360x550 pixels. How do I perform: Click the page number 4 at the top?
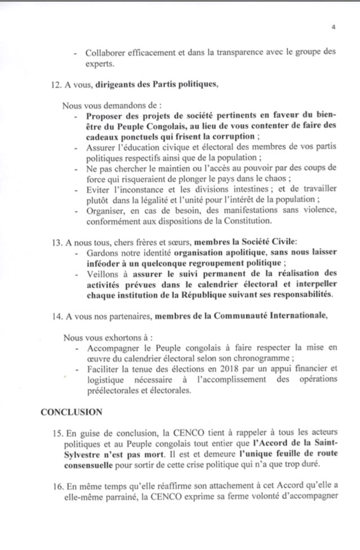[x=333, y=27]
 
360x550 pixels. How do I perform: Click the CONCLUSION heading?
[x=72, y=412]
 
